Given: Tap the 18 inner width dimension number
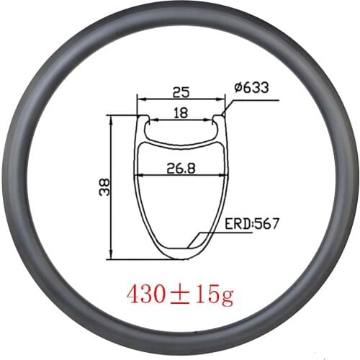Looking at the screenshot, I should coord(180,113).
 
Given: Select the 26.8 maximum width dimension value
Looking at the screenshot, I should coord(180,167).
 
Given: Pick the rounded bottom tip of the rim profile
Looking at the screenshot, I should coord(180,257).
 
